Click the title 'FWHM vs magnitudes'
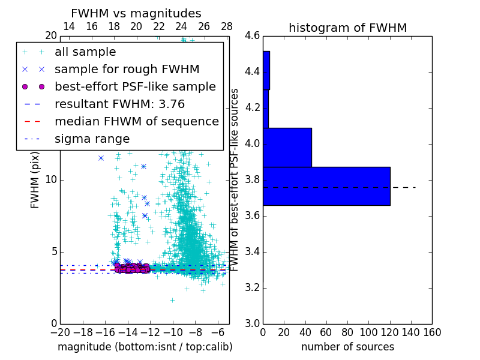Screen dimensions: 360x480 (x=136, y=14)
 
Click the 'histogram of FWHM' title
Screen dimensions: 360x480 (x=347, y=28)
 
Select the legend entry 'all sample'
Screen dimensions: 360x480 (x=85, y=52)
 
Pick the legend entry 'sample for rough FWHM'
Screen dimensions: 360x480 (x=127, y=70)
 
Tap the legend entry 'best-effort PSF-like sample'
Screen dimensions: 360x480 (x=135, y=87)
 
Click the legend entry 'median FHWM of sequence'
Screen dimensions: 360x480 (x=136, y=122)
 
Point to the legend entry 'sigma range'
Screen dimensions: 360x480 (x=92, y=139)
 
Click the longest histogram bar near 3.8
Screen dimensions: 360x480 (x=326, y=186)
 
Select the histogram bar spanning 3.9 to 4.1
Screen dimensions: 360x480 (x=287, y=147)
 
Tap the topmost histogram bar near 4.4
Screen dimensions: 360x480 (x=266, y=70)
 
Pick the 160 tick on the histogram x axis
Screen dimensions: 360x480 (x=432, y=332)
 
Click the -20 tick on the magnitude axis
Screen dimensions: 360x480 (x=60, y=332)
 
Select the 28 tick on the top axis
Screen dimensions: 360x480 (x=227, y=27)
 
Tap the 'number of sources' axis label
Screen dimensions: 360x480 (x=347, y=347)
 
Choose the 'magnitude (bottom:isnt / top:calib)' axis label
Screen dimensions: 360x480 (x=145, y=347)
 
